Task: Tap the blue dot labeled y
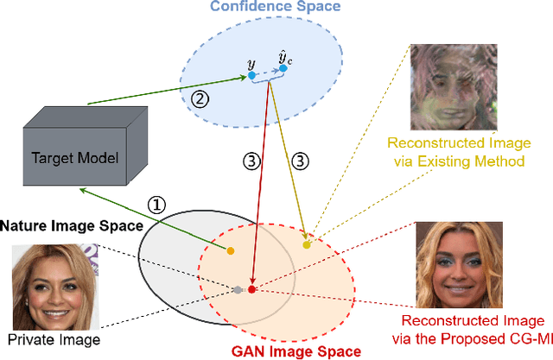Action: pyautogui.click(x=251, y=76)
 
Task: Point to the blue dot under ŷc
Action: pyautogui.click(x=283, y=67)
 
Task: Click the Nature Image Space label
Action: pyautogui.click(x=70, y=227)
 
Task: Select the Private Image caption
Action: pyautogui.click(x=53, y=340)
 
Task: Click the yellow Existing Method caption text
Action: pyautogui.click(x=458, y=160)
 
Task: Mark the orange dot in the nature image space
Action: pyautogui.click(x=230, y=251)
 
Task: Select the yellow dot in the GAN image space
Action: pyautogui.click(x=307, y=245)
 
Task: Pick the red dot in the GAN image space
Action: pyautogui.click(x=251, y=289)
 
